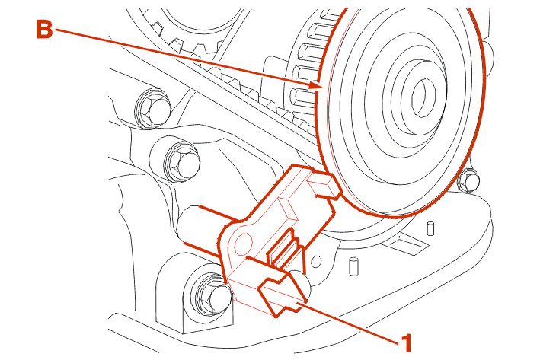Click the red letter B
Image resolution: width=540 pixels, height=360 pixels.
point(45,30)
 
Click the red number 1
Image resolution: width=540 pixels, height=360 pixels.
point(407,342)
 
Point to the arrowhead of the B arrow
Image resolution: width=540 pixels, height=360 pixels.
point(317,85)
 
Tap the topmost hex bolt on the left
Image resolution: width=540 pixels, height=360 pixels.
point(153,108)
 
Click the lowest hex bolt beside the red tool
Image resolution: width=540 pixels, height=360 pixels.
point(211,295)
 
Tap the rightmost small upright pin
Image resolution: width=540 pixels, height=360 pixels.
point(430,228)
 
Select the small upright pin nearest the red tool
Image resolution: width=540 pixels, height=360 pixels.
point(353,266)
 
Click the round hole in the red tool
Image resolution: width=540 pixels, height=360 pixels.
point(243,242)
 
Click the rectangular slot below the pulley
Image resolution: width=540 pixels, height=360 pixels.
point(407,244)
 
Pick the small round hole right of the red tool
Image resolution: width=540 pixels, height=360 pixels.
point(316,261)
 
